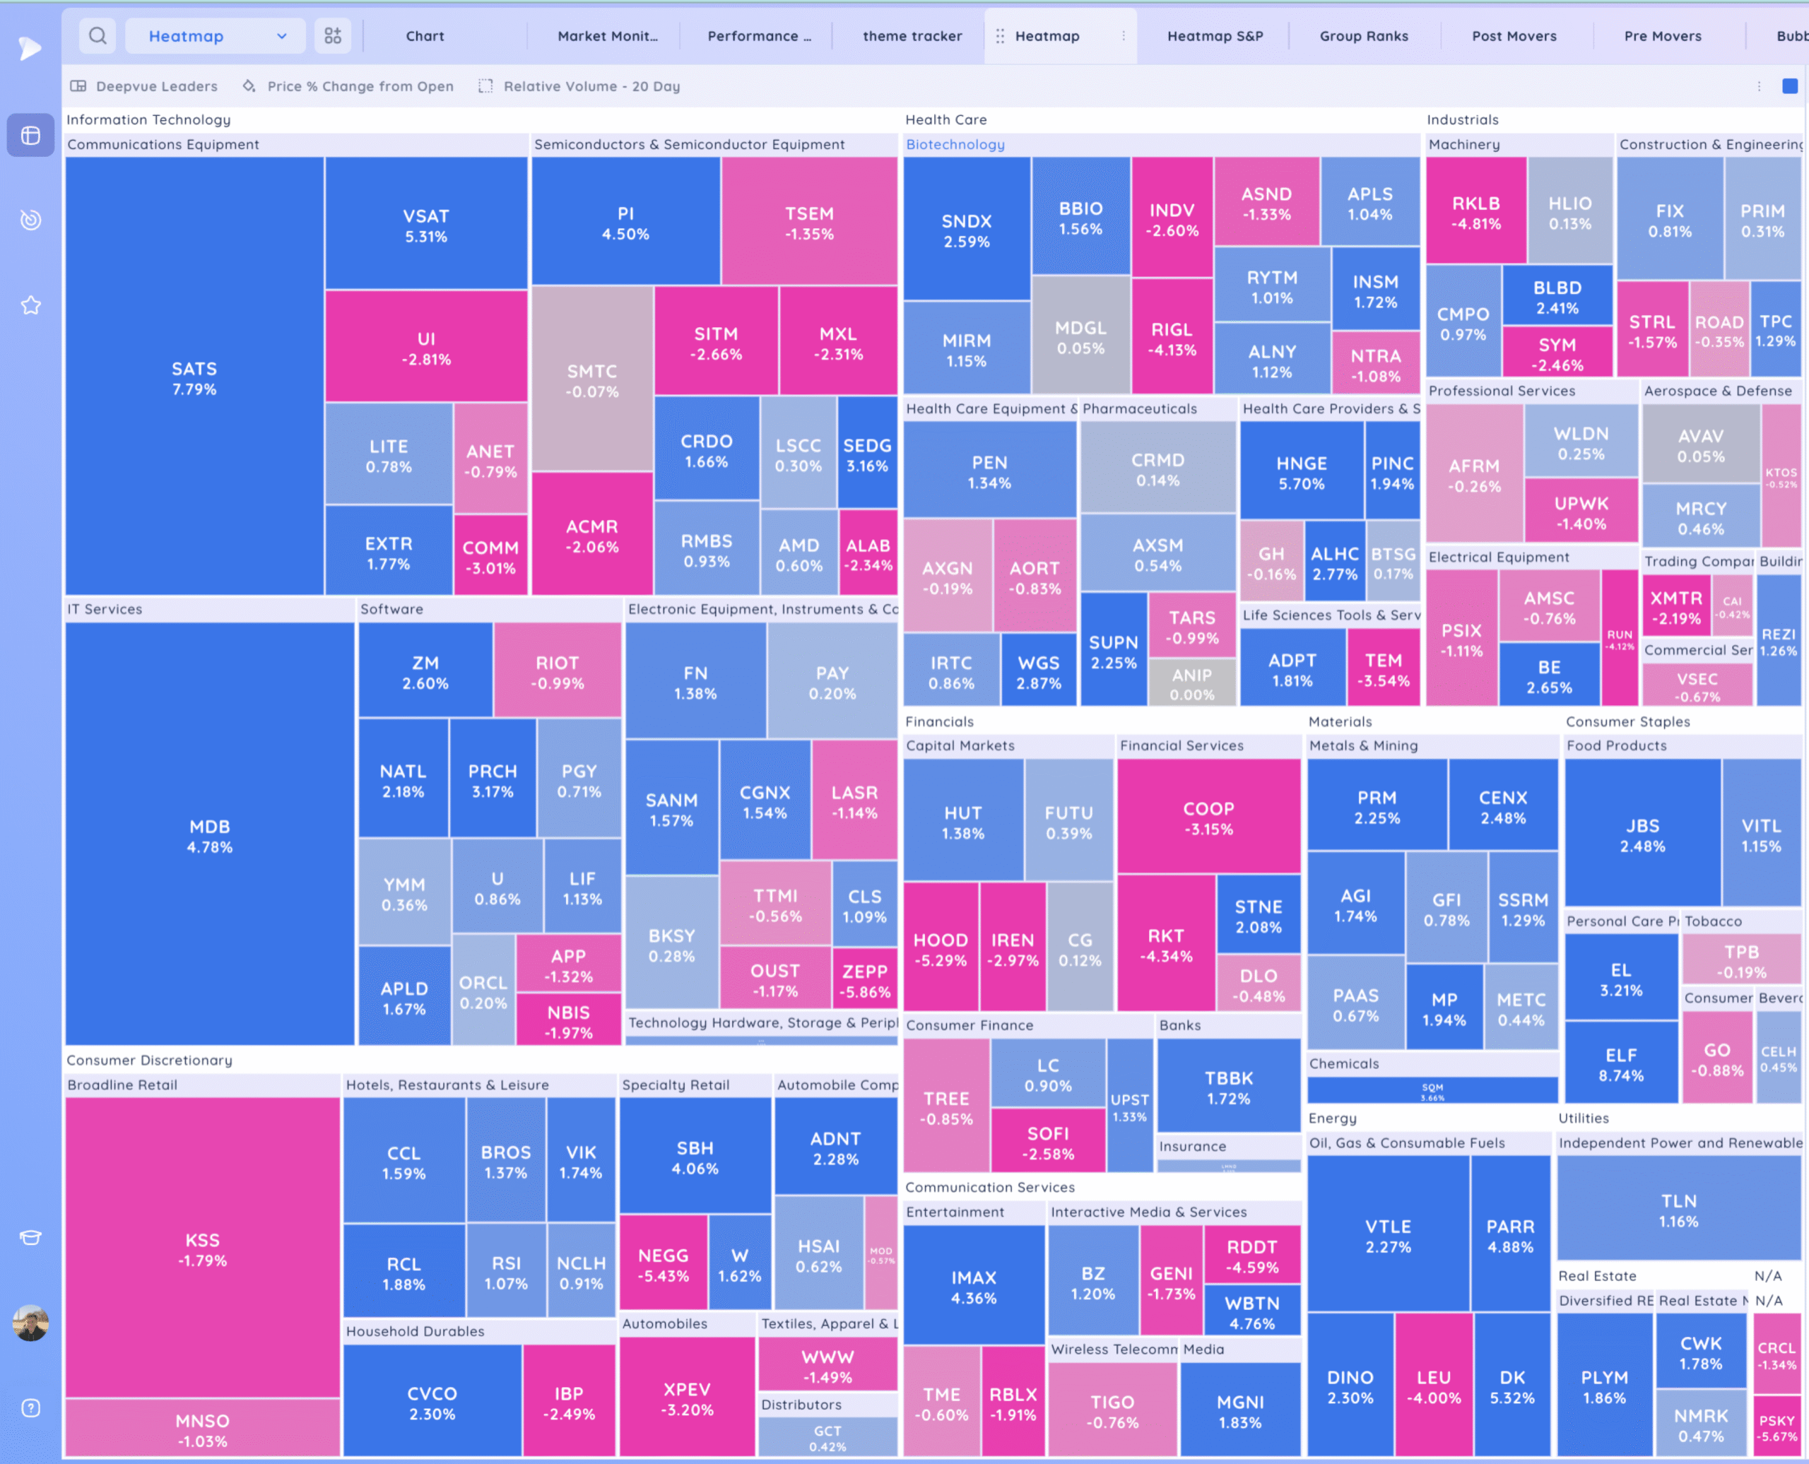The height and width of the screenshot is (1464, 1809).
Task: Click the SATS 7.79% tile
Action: tap(194, 378)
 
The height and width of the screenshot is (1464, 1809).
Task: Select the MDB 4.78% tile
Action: tap(209, 835)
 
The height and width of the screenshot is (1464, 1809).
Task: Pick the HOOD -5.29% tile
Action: tap(941, 949)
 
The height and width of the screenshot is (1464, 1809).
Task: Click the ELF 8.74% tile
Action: tap(1620, 1063)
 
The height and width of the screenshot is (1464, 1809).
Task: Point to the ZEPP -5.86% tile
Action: tap(864, 980)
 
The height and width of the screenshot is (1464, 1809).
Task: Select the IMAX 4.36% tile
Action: tap(973, 1286)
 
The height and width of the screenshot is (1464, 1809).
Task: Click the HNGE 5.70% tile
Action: tap(1302, 472)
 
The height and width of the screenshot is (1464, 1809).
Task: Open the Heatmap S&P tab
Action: tap(1215, 36)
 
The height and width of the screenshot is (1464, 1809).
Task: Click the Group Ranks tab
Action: tap(1363, 36)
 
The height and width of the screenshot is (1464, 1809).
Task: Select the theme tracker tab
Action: tap(912, 36)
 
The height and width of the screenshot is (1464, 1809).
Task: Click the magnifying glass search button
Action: tap(98, 36)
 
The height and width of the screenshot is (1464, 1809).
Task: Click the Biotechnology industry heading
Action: tap(955, 144)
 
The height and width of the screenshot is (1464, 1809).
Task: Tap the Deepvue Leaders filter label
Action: tap(156, 86)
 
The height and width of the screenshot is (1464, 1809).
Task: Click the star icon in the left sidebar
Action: tap(31, 305)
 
